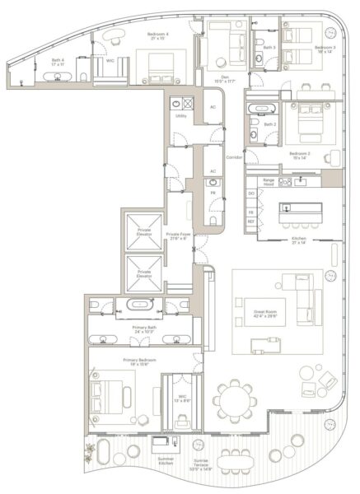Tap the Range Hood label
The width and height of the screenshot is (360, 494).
[269, 181]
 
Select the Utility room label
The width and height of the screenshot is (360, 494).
[180, 116]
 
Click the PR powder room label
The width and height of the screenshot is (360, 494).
[212, 193]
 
